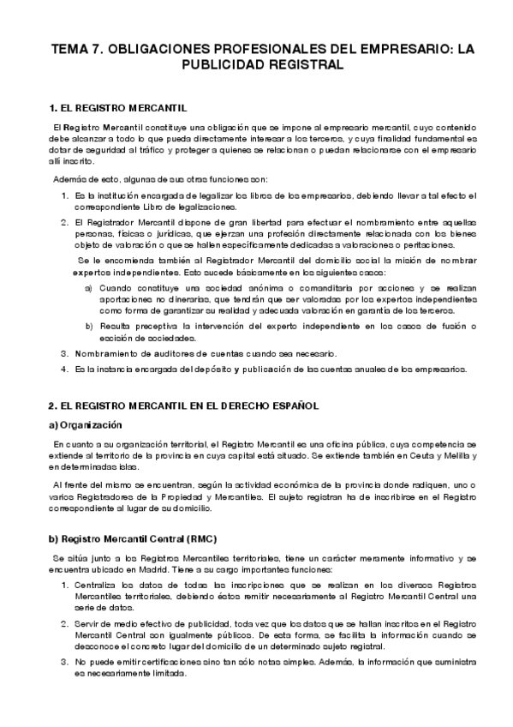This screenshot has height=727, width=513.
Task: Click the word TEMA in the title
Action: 72,49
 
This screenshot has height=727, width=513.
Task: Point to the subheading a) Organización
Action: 86,425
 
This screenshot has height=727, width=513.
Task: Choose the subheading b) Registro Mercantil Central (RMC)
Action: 133,538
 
